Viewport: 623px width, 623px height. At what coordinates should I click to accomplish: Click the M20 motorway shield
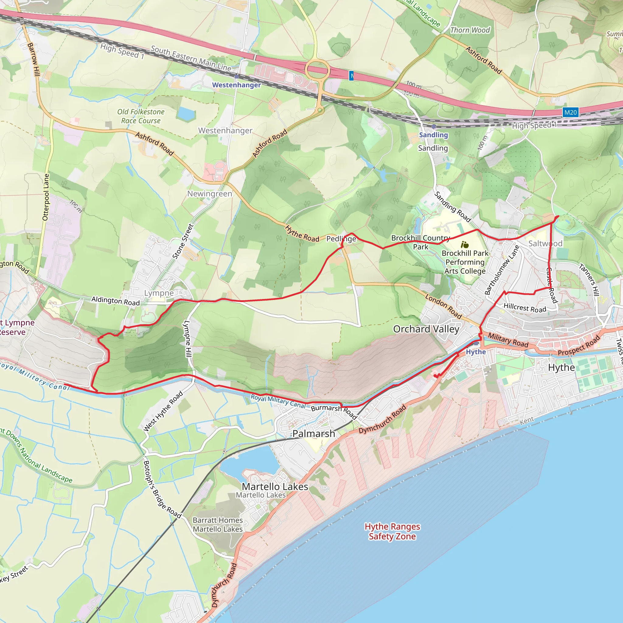(570, 112)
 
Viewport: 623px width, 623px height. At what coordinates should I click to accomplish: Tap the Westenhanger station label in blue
(236, 85)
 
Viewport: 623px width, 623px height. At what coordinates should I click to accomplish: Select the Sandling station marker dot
(434, 127)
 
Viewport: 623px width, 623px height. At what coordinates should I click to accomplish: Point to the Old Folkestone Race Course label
(141, 116)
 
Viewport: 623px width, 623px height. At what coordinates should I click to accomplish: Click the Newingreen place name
(210, 193)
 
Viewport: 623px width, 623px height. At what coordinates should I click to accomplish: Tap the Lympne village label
(159, 293)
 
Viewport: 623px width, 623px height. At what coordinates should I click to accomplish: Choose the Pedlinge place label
(341, 238)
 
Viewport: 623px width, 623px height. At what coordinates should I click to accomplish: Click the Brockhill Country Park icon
(465, 245)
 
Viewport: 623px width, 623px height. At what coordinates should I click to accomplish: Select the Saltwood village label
(545, 243)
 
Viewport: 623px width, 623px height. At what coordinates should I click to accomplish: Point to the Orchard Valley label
(426, 329)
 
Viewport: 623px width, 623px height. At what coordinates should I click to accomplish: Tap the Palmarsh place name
(313, 434)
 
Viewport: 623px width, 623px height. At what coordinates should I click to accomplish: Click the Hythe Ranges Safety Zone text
(392, 531)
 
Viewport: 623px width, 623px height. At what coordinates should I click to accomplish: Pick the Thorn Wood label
(470, 30)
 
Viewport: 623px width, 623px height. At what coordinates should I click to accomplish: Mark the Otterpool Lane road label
(46, 197)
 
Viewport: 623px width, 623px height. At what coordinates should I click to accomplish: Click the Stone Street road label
(183, 242)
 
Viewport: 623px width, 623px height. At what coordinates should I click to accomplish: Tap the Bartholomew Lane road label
(502, 270)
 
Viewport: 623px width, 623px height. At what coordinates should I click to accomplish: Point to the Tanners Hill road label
(589, 280)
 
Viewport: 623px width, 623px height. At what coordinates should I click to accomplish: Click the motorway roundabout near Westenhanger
(318, 69)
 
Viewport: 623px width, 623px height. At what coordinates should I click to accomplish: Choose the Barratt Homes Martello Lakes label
(218, 525)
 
